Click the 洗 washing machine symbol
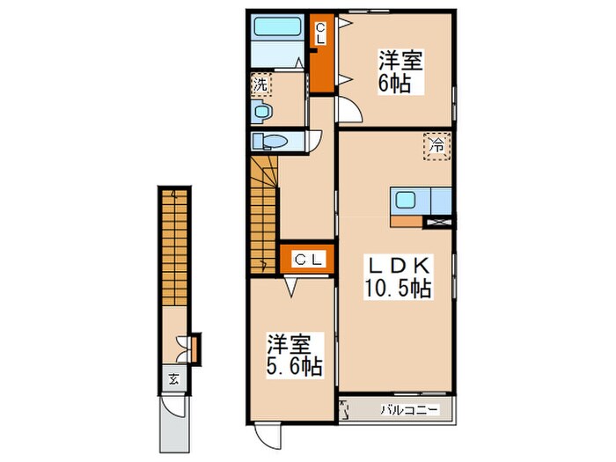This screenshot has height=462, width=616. [260, 85]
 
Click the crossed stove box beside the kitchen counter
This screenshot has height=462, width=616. [437, 222]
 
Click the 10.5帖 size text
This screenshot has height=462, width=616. [399, 288]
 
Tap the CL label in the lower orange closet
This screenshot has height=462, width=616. [306, 259]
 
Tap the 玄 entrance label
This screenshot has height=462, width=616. [173, 380]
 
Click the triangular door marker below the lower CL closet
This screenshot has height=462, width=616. [290, 285]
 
